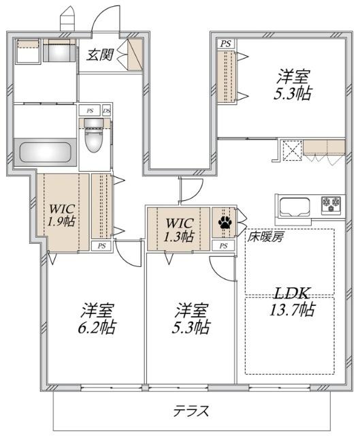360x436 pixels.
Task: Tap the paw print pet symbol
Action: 224,222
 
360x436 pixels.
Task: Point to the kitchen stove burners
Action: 332,204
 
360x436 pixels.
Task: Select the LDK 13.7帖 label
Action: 294,302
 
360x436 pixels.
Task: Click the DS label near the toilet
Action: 106,110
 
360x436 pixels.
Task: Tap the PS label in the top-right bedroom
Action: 225,44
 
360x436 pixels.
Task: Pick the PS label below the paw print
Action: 225,243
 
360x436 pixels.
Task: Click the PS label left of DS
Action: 88,110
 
